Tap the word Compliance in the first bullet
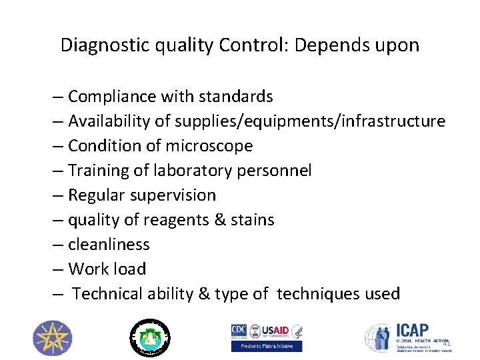pos(110,97)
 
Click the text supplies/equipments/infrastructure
pos(310,121)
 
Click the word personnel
pos(275,171)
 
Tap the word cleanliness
pos(109,245)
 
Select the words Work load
pos(107,269)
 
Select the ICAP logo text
pos(413,331)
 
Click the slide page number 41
pos(447,343)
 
